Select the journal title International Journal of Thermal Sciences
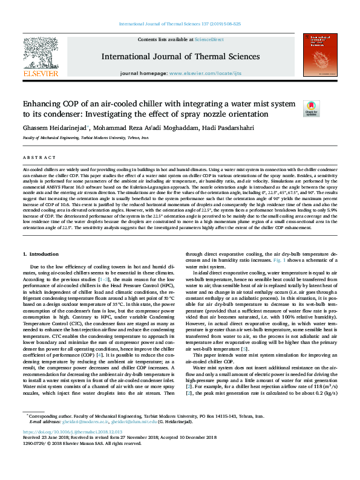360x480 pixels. coord(180,57)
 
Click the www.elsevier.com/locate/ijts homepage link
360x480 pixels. coord(207,73)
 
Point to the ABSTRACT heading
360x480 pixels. coord(34,157)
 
